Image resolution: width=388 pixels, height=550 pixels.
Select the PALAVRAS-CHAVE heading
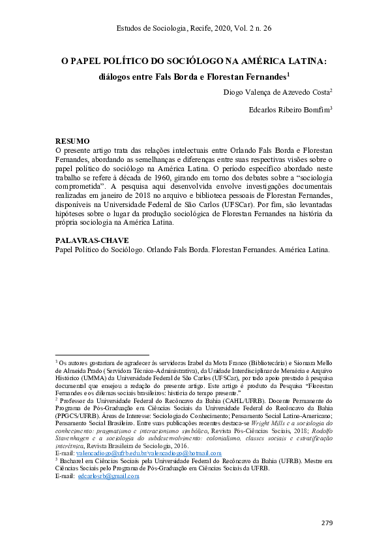91,240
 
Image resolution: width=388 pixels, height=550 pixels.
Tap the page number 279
328,523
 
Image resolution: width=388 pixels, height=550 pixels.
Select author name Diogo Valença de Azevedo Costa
276,92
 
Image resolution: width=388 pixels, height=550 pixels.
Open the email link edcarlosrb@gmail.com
108,476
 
